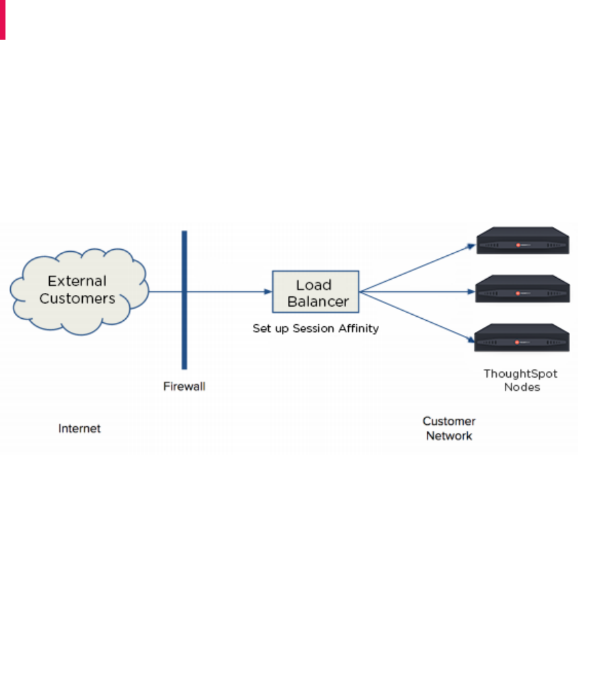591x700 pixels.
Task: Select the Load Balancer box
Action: click(315, 292)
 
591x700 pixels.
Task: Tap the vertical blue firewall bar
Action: click(184, 328)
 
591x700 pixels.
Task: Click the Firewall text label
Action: click(184, 387)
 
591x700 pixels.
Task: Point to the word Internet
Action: click(79, 428)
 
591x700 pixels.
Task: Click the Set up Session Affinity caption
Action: click(315, 328)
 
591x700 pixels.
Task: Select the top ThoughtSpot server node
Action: click(523, 242)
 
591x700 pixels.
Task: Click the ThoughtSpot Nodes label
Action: click(521, 380)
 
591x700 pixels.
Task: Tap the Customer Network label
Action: click(449, 428)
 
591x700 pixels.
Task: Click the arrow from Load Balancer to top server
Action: click(417, 268)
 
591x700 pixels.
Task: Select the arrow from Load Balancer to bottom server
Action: click(417, 315)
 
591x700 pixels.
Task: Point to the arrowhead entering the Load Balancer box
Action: click(268, 292)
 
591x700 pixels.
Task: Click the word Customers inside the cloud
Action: click(77, 299)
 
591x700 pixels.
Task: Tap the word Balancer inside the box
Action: click(318, 301)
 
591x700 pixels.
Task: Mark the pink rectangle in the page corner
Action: click(3, 19)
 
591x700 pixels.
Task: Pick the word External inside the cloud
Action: click(77, 281)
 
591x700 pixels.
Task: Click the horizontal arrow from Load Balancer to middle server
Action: click(417, 292)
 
